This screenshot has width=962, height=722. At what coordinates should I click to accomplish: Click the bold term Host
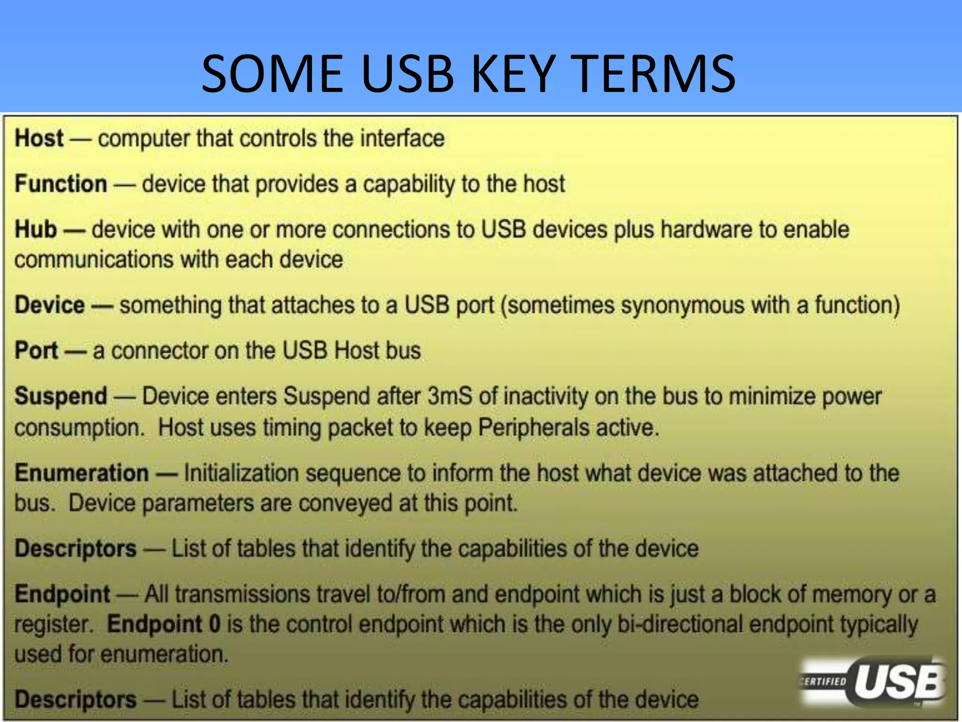coord(39,138)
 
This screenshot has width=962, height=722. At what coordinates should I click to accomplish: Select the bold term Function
coord(61,183)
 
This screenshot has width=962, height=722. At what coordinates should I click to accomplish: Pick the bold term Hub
coord(36,229)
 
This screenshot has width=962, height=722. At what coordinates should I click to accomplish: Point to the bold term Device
coord(49,305)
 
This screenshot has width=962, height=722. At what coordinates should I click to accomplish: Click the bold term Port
coord(36,351)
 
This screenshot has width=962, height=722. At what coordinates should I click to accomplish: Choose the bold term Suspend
coord(61,396)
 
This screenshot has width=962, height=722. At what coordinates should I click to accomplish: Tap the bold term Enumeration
coord(82,473)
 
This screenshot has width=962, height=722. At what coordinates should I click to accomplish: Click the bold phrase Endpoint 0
coord(164,624)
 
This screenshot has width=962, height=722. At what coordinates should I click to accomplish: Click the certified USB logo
coord(873,682)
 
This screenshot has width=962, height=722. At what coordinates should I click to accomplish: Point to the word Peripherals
coord(534,428)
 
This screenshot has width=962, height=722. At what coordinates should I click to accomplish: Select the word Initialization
coord(241,473)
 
